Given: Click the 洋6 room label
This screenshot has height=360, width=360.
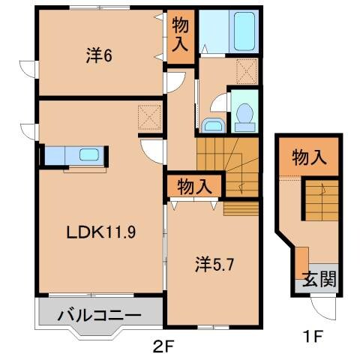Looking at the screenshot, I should [x=99, y=55].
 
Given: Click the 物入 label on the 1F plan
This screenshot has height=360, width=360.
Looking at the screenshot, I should [x=308, y=158].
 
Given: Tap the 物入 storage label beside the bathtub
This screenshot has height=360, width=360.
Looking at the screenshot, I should [x=180, y=34].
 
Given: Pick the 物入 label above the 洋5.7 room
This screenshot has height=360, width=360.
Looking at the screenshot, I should [x=193, y=184].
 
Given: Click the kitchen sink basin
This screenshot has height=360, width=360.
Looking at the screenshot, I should [x=89, y=156].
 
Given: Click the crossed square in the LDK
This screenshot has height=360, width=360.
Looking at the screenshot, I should [x=149, y=116].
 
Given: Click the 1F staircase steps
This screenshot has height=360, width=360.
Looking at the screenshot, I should [x=317, y=201].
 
